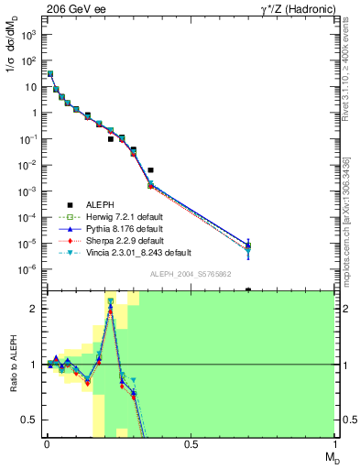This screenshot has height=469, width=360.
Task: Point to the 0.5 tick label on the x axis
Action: tap(191, 442)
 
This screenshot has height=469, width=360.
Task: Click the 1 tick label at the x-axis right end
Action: tap(334, 442)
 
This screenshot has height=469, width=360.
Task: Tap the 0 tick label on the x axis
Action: tap(46, 442)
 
